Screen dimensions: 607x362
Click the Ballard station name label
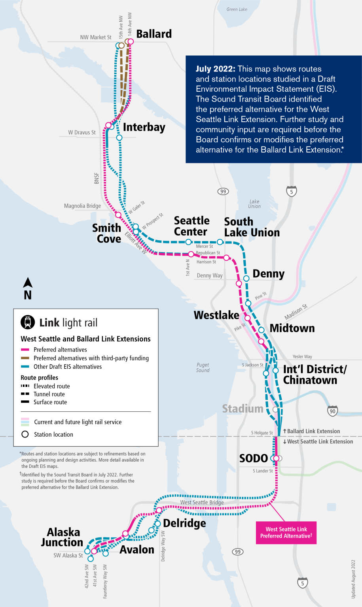154,34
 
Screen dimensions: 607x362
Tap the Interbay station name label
144,127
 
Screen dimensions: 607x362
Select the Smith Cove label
107,233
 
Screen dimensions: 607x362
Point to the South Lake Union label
252,227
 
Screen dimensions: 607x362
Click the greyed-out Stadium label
243,409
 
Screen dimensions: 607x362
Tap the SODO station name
254,458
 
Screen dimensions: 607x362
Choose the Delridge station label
184,523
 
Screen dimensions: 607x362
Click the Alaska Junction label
63,537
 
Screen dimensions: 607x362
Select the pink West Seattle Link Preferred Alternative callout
286,532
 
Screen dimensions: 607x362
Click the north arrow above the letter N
28,283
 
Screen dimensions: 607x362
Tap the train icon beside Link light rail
28,322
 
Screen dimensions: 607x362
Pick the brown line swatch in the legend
25,358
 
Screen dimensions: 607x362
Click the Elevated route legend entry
51,386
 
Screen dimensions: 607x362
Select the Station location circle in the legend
25,434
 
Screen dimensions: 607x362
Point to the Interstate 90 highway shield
332,411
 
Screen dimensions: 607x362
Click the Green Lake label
237,9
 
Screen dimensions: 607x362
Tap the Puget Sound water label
203,368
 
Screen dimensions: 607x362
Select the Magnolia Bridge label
82,206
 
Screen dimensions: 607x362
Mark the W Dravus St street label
82,132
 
